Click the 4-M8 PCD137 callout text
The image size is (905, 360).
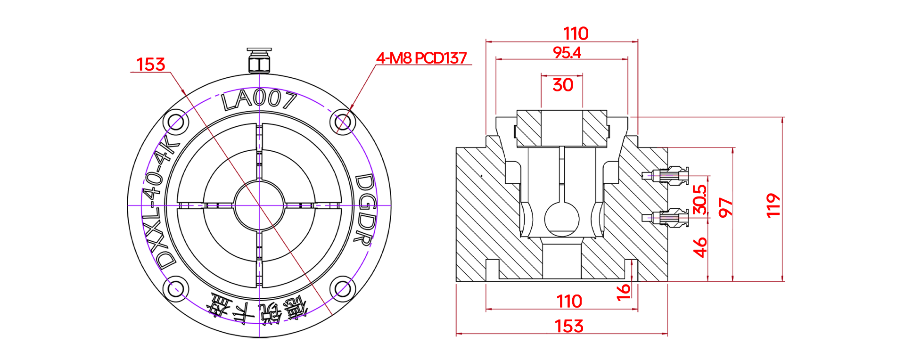(421, 58)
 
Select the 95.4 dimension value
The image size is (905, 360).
(567, 52)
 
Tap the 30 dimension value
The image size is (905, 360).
(563, 85)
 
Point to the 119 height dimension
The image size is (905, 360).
(773, 205)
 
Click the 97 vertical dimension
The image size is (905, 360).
(725, 207)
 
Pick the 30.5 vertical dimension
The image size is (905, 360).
(700, 199)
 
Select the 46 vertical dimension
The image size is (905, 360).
(700, 247)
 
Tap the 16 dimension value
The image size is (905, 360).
(623, 292)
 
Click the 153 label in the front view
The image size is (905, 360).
(150, 64)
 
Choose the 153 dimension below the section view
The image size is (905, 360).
(569, 326)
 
